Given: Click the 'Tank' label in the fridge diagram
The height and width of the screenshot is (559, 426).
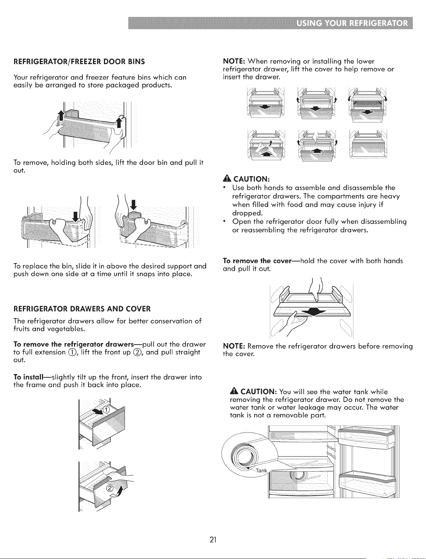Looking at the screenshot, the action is (261, 470).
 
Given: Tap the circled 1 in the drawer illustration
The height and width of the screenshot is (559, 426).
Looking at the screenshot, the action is (106, 410).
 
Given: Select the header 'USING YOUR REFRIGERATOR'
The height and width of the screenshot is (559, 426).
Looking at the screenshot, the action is (352, 24).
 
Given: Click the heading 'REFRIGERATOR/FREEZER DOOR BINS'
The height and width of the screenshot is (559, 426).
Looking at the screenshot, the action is (79, 62).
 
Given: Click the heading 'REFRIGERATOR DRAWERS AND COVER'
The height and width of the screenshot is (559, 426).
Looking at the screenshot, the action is (82, 309).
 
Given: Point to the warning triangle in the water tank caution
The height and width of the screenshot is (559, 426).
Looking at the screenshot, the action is (234, 391).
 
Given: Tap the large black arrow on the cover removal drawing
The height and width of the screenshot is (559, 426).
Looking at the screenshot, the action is (313, 312).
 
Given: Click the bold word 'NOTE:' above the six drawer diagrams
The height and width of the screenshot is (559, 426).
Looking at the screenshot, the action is (234, 61).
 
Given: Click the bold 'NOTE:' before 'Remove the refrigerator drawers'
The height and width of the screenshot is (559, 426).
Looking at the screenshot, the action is (234, 346).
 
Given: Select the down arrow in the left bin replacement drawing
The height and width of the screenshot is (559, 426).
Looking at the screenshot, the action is (76, 216).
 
